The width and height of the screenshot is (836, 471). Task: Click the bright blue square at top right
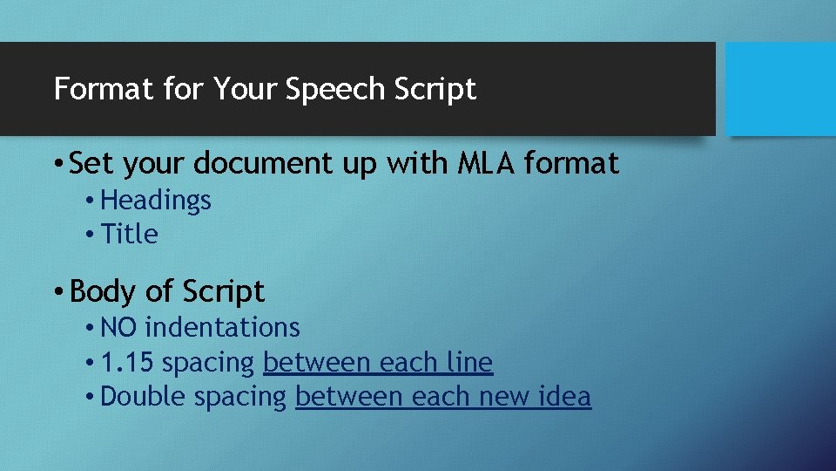[780, 89]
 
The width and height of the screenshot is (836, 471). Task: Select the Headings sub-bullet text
[156, 201]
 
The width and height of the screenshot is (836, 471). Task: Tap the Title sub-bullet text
[129, 235]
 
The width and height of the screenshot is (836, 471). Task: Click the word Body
[98, 291]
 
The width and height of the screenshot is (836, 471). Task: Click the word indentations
[222, 328]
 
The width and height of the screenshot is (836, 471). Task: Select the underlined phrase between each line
[377, 362]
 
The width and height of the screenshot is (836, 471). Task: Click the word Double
[144, 397]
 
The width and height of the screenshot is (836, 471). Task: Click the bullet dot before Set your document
[56, 164]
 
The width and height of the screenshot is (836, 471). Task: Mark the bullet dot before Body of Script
[56, 291]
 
